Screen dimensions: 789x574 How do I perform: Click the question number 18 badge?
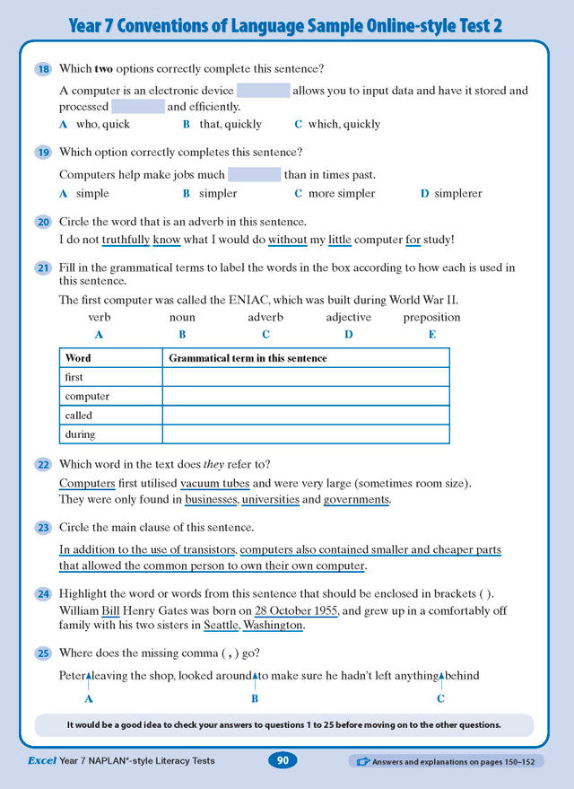pos(43,69)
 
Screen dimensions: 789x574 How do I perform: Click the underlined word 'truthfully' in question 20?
pos(125,240)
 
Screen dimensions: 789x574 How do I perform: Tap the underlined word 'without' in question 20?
pos(287,240)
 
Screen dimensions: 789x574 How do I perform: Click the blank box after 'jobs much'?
pos(254,174)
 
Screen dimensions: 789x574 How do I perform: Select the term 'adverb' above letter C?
pos(265,318)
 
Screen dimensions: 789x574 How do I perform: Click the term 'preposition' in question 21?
pos(431,318)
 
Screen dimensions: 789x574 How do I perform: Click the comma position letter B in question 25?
pos(255,698)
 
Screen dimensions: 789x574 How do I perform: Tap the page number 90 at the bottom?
pos(283,761)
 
